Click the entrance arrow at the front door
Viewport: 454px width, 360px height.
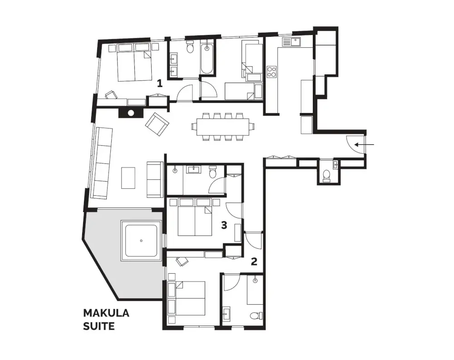[x=365, y=144]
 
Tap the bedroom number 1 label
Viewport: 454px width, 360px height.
[x=159, y=84]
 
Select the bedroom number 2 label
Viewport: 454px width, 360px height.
[x=254, y=261]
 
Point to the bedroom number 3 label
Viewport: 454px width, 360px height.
[x=224, y=225]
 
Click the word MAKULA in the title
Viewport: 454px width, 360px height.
[x=106, y=313]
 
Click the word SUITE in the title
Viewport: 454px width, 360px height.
[x=99, y=326]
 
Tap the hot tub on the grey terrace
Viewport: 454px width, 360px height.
[x=141, y=241]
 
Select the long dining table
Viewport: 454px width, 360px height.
[x=222, y=127]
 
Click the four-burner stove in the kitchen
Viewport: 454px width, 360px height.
[x=271, y=72]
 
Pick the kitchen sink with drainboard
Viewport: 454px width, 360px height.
[x=291, y=42]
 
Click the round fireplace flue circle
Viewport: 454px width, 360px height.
[x=131, y=113]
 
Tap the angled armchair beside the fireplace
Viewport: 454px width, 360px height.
[x=157, y=124]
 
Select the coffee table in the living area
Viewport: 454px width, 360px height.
[x=128, y=178]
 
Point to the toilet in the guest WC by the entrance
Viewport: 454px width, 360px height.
[x=326, y=176]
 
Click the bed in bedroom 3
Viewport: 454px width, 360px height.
[x=195, y=217]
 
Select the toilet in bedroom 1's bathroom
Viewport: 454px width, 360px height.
[x=190, y=47]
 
